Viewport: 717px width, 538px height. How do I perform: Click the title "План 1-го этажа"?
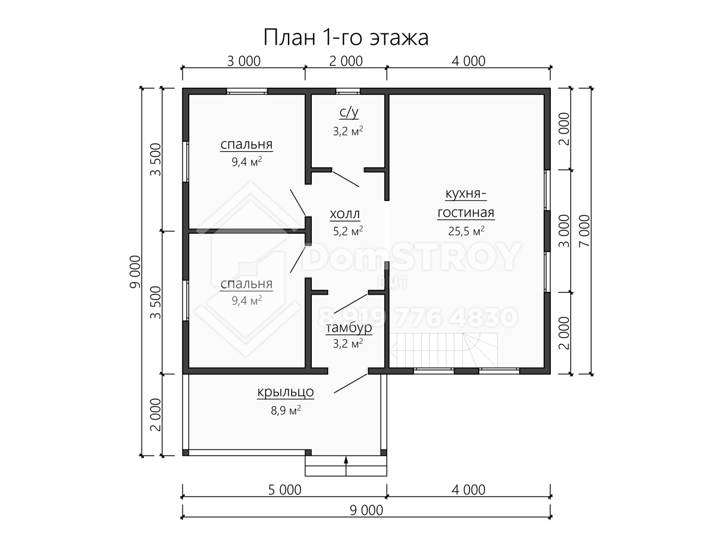tap(345, 37)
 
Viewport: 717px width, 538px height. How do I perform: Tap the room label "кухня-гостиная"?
tap(466, 203)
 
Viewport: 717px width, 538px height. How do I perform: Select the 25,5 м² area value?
tap(466, 231)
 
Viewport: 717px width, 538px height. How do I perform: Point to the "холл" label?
tap(345, 214)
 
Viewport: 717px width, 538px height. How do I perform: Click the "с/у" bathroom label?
tap(349, 112)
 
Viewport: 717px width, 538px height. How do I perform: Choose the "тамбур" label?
tap(348, 328)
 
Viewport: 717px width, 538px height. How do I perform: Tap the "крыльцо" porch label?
tap(286, 392)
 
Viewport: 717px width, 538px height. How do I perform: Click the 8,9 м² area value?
tap(286, 409)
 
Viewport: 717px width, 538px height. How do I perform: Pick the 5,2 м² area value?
tap(348, 231)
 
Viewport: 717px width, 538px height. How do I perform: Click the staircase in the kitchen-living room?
tap(443, 350)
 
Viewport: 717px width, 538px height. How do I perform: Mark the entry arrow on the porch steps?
tap(346, 466)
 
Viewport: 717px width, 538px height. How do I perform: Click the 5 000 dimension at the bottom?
tap(284, 490)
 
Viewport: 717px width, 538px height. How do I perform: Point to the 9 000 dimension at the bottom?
tap(366, 511)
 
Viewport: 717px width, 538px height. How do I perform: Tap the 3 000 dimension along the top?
tap(244, 61)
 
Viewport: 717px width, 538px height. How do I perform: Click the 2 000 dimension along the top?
tap(345, 61)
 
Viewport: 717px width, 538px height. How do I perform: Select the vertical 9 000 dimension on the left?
tap(135, 272)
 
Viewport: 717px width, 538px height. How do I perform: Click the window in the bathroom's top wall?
tap(348, 91)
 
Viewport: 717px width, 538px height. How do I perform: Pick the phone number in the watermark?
tap(418, 317)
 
